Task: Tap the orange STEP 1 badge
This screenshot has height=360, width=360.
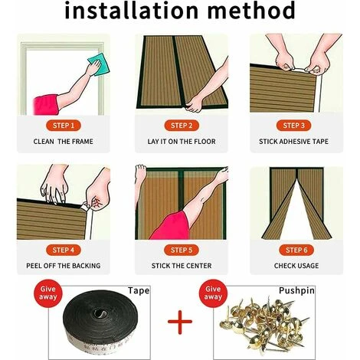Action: click(x=64, y=125)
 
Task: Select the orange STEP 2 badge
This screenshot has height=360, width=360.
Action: click(x=181, y=125)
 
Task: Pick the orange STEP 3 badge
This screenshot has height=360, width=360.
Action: click(x=296, y=125)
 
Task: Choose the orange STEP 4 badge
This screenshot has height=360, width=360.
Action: click(x=64, y=250)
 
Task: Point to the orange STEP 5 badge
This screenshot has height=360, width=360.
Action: click(x=181, y=250)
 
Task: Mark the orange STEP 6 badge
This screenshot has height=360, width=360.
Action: click(x=296, y=250)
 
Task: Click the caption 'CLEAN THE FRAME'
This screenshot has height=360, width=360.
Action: click(x=64, y=142)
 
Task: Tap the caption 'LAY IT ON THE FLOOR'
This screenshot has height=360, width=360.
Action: click(x=181, y=142)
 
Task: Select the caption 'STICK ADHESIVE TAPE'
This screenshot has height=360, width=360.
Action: click(x=296, y=142)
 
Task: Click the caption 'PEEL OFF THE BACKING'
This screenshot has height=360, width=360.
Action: click(x=64, y=267)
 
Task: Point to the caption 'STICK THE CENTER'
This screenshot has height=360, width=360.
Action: click(x=181, y=267)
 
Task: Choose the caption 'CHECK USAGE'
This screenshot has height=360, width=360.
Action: click(x=296, y=267)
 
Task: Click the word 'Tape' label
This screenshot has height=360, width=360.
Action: click(x=139, y=292)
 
